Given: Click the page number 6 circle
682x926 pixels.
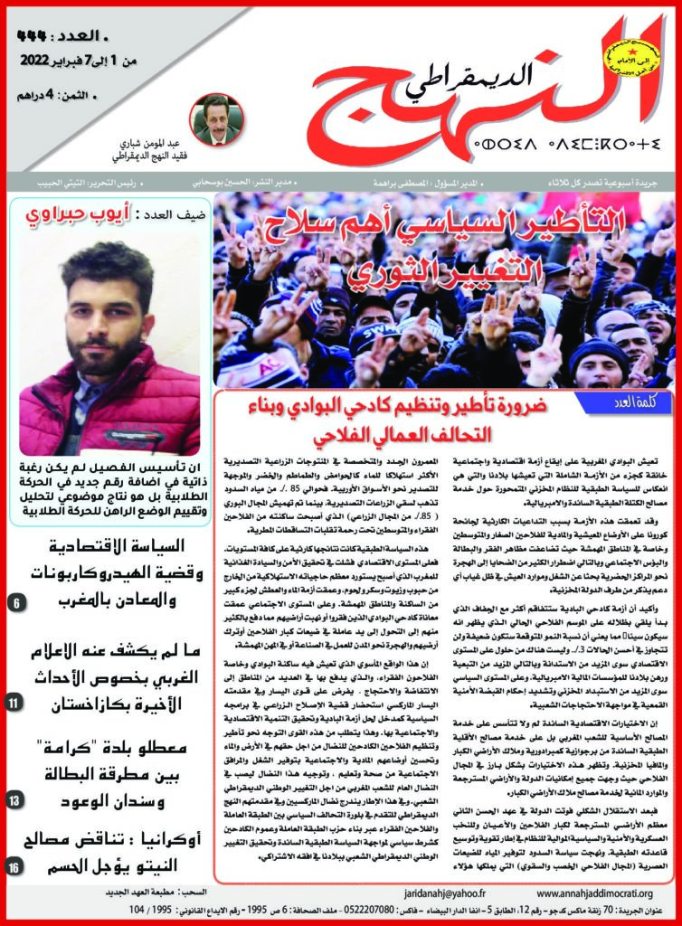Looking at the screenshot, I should (19, 601).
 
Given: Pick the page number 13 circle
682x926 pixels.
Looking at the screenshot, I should (19, 799).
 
